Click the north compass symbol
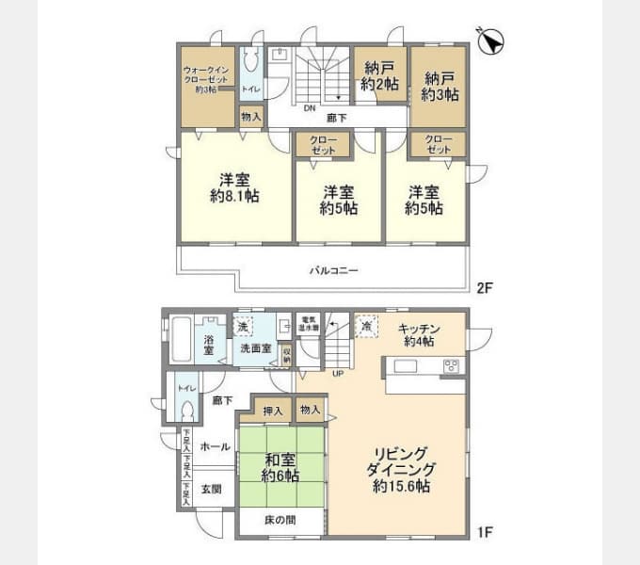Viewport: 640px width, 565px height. pos(491,41)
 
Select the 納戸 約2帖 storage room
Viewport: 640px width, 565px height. pos(379,75)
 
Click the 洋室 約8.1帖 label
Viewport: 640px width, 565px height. pos(234,187)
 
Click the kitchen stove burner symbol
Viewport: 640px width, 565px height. pos(451,366)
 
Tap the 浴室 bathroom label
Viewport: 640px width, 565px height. pos(208,344)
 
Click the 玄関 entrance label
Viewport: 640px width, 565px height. pos(212,489)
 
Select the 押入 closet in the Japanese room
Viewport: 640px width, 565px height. pos(273,411)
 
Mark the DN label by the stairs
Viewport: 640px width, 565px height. pos(309,107)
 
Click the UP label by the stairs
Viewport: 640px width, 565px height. pos(338,373)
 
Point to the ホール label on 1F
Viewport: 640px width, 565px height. pos(216,446)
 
